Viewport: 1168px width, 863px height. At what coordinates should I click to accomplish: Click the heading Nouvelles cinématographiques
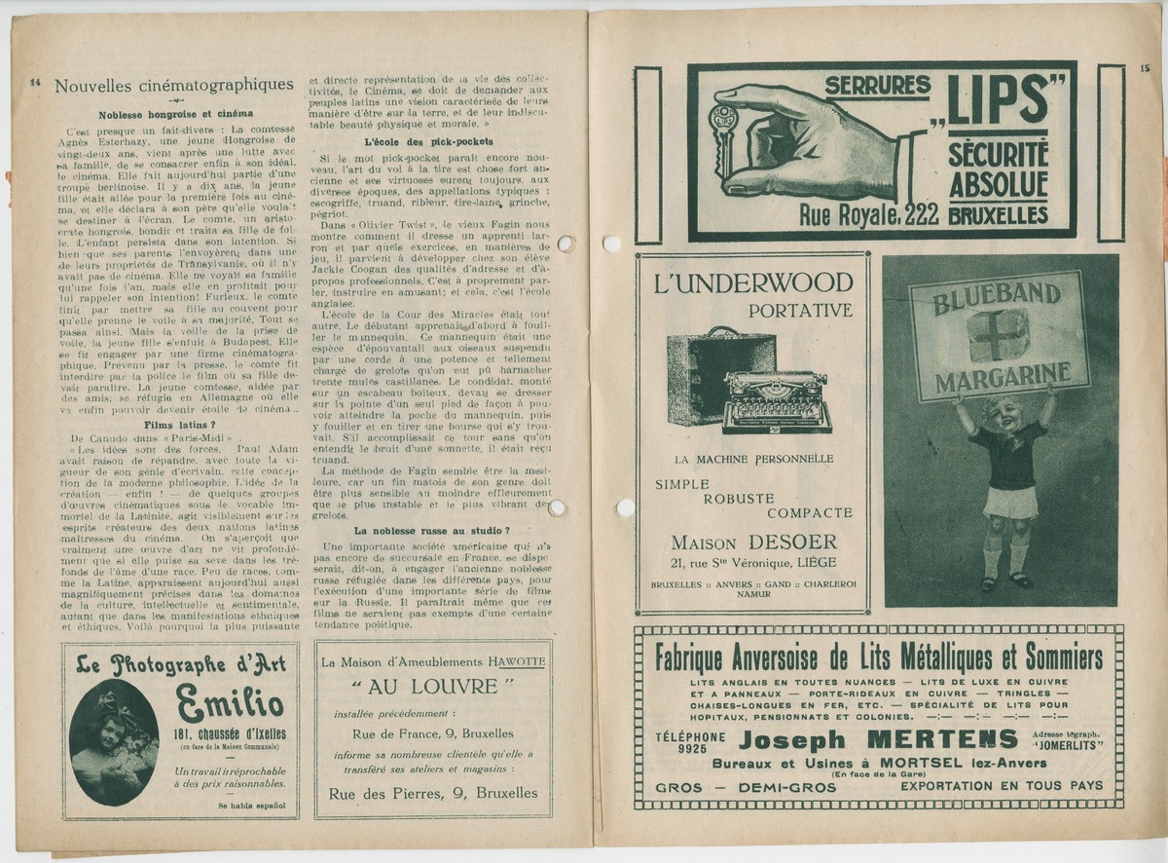(x=173, y=86)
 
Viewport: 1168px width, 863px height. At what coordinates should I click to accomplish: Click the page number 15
(x=1144, y=68)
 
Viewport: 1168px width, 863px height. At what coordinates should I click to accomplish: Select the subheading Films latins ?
(x=180, y=426)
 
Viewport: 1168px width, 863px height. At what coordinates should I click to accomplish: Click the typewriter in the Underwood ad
(x=776, y=400)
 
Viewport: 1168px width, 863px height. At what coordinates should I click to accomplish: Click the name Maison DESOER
(x=753, y=542)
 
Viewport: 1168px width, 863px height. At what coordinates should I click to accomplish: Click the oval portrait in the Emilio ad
(x=114, y=741)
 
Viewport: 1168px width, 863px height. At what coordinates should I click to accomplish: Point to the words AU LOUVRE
(x=432, y=688)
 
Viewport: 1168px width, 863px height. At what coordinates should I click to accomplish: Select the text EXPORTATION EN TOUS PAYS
(x=1002, y=786)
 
